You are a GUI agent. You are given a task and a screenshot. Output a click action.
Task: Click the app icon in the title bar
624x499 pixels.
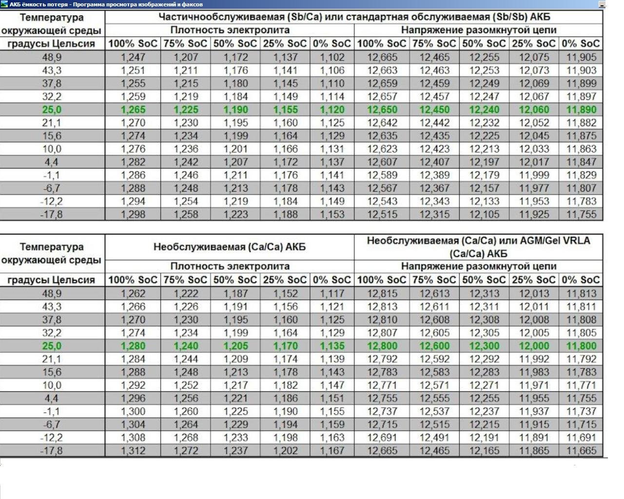coord(4,4)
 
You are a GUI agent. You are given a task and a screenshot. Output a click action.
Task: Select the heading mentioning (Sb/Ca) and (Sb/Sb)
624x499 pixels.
coord(354,17)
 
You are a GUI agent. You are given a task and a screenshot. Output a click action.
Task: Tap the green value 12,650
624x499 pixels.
coord(382,110)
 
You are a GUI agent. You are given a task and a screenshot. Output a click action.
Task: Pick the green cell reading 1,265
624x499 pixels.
coord(133,110)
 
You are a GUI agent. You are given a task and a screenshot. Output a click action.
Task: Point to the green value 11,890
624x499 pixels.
coord(581,110)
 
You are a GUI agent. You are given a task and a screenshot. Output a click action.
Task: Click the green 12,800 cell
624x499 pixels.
coord(382,345)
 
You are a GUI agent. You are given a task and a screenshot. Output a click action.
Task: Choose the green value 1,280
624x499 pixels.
coord(133,345)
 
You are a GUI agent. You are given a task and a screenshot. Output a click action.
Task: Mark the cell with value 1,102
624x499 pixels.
coord(332,57)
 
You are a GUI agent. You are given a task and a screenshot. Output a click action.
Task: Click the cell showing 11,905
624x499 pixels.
coord(581,57)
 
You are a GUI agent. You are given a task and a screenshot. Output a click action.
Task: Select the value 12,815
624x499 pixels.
coord(382,293)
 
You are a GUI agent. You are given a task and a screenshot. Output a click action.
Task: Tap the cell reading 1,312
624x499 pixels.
coord(133,451)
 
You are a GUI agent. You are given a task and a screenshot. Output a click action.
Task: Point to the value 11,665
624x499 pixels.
coord(581,451)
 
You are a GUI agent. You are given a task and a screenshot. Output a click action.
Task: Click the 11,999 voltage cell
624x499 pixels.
coord(533,175)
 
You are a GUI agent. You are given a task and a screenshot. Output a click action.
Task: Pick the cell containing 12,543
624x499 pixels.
coord(382,201)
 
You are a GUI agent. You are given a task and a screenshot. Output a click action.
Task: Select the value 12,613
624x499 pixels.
coord(434,293)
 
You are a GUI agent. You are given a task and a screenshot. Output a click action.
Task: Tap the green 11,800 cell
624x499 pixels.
coord(581,345)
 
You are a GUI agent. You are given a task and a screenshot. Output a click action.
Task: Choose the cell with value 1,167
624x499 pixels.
coord(332,451)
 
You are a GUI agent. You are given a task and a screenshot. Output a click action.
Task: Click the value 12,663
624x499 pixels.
coord(382,70)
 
